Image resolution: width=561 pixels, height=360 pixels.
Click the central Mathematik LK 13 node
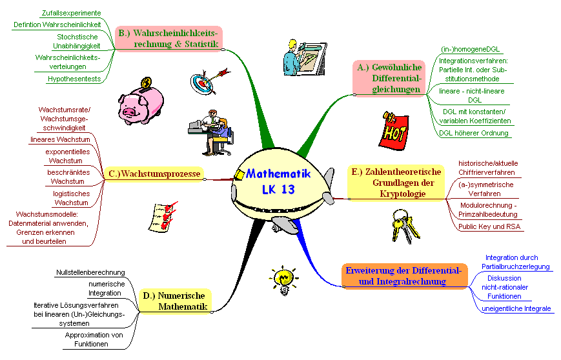[x=278, y=182]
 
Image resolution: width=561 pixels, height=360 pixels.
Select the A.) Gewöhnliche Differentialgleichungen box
[x=389, y=78]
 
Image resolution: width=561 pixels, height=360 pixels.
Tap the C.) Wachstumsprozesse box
[x=154, y=174]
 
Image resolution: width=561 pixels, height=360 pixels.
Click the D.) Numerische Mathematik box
[x=176, y=301]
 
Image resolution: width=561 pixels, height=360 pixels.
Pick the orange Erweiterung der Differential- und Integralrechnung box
[x=403, y=275]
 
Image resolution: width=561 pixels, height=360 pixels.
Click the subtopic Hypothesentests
[x=73, y=79]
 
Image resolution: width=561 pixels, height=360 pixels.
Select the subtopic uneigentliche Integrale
[x=516, y=308]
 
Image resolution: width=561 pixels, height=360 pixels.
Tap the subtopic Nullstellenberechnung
[x=90, y=273]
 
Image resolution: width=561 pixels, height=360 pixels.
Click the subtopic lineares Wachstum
[x=60, y=139]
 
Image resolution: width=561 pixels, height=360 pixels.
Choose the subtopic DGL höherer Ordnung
[x=474, y=133]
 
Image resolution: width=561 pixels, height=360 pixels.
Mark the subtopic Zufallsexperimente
[x=71, y=12]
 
